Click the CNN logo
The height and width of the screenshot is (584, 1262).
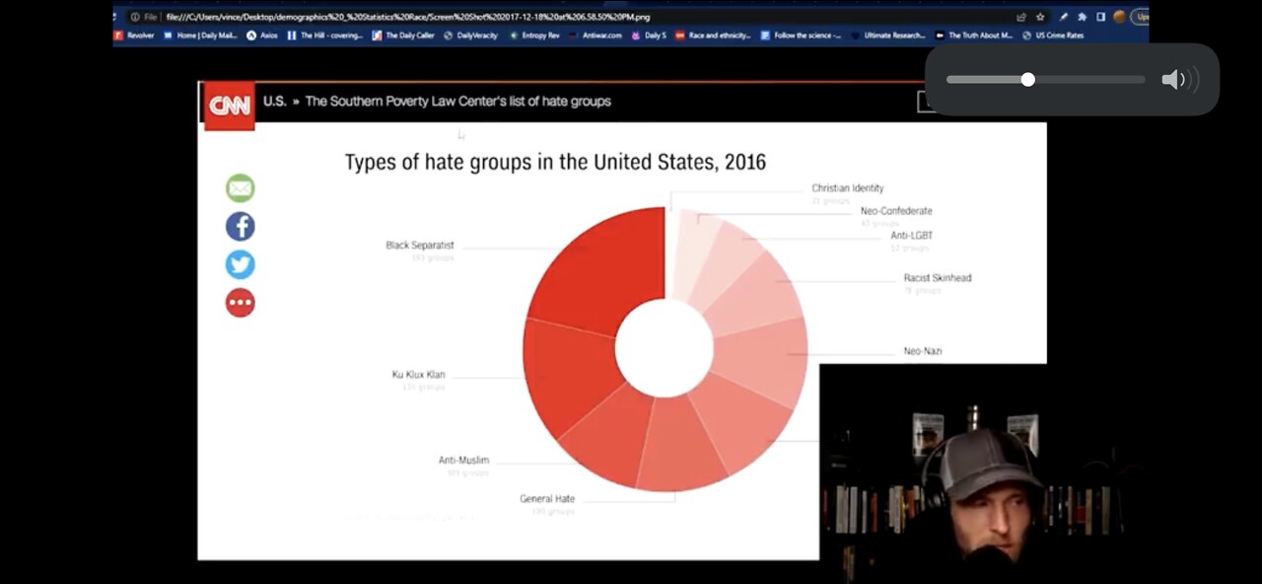230,106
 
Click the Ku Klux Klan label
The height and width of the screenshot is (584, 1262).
418,375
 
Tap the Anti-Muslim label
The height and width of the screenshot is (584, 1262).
463,461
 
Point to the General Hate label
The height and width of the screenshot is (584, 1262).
547,499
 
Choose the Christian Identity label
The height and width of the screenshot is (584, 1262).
847,188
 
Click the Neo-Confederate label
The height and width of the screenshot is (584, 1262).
895,211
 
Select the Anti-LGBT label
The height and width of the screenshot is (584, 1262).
911,236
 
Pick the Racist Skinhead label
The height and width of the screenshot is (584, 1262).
937,278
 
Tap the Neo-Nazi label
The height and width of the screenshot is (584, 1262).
923,351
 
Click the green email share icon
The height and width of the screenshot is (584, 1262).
241,188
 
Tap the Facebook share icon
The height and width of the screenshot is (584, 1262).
241,227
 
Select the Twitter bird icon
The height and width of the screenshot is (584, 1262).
241,264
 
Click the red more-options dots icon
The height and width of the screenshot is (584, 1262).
241,303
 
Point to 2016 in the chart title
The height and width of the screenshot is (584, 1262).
744,162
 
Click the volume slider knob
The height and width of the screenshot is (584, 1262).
1027,80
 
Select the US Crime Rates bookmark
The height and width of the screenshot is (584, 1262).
1059,36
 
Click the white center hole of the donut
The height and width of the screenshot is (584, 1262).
664,348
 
